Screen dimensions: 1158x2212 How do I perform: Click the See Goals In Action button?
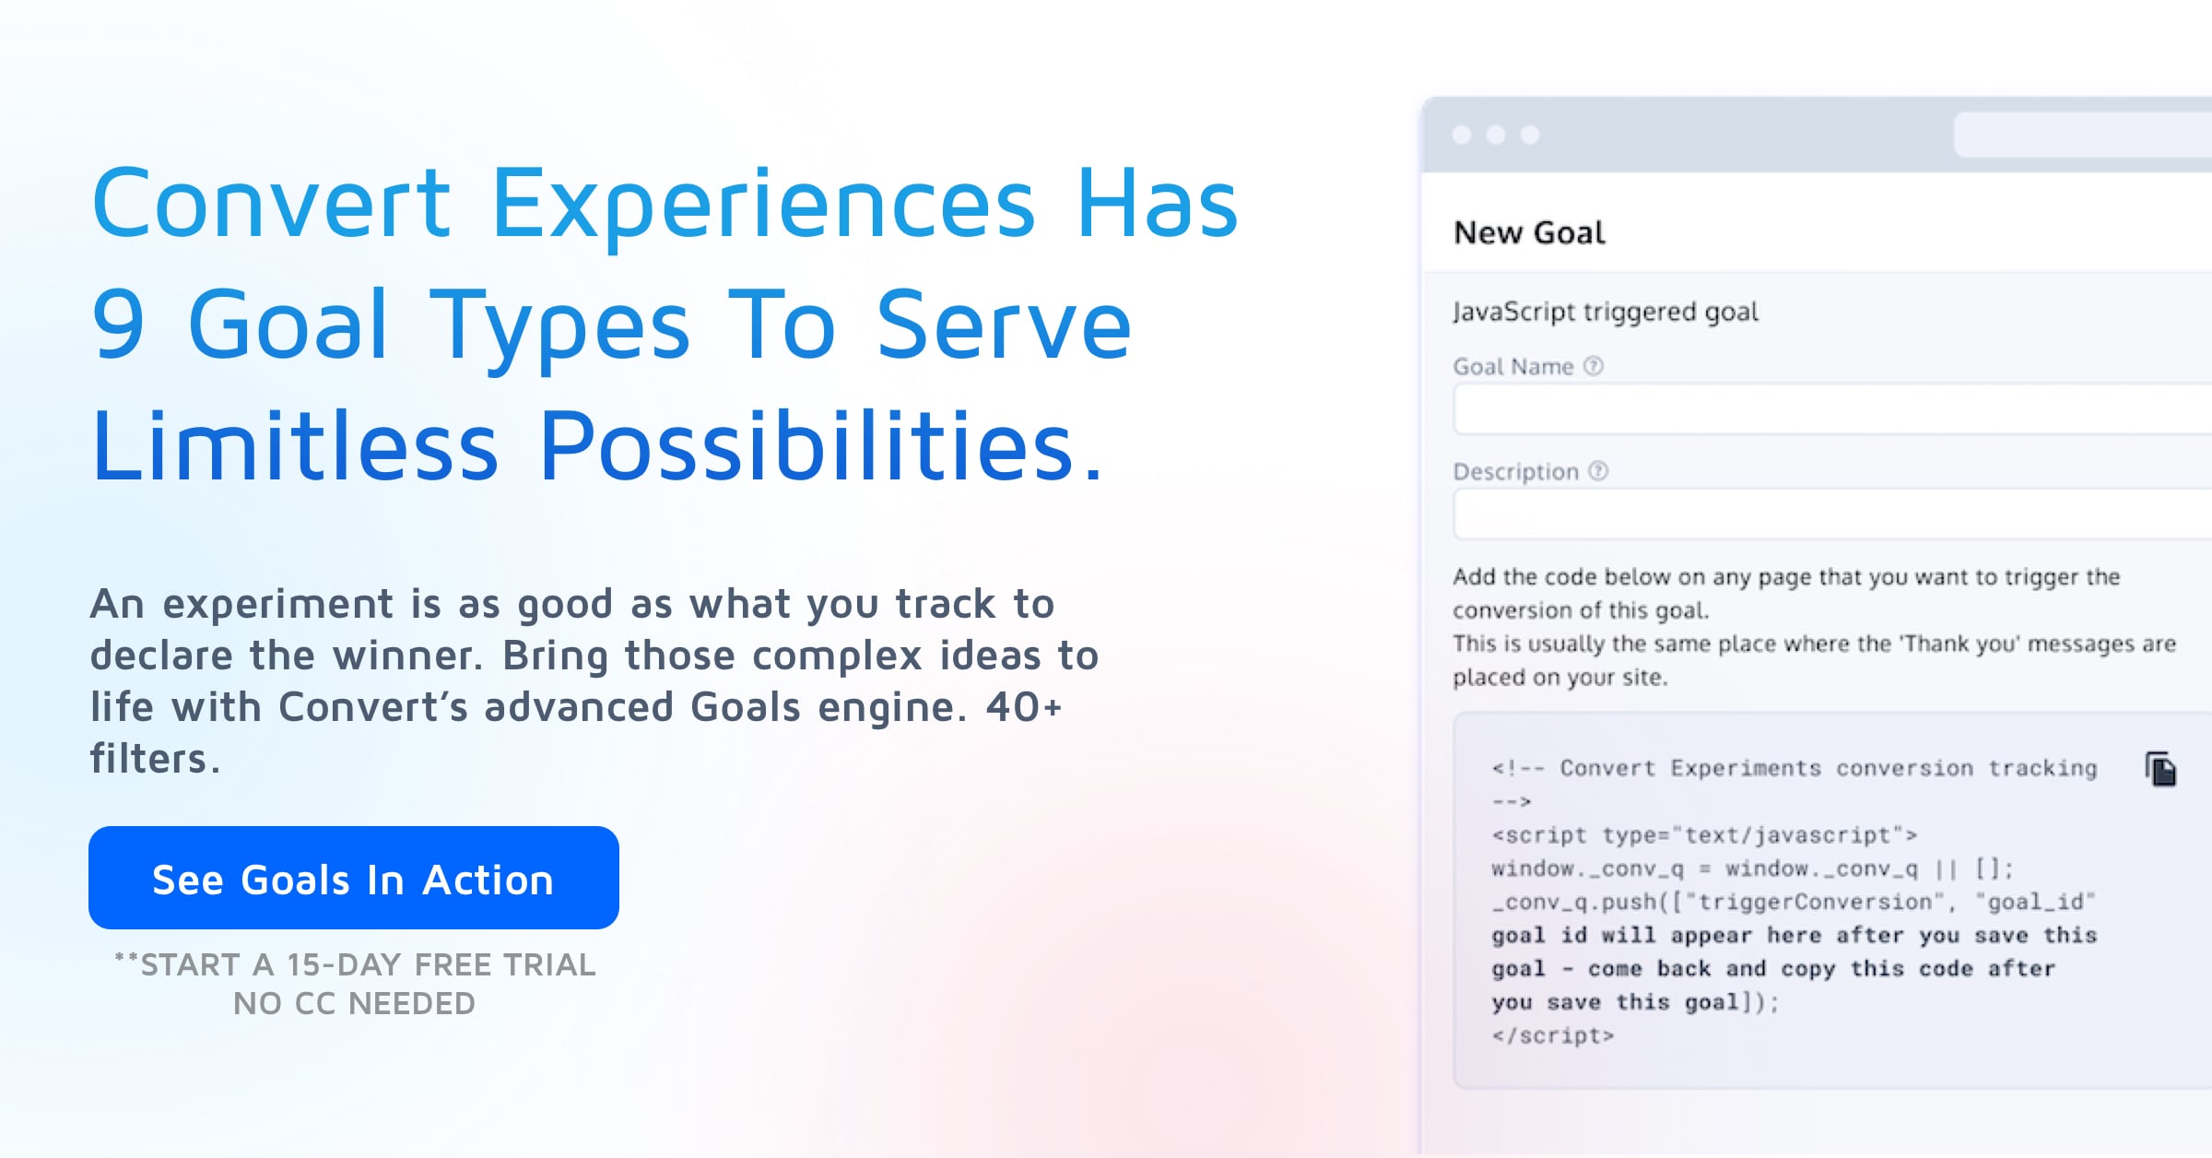tap(353, 878)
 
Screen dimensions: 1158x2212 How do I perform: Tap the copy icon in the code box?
tap(2160, 769)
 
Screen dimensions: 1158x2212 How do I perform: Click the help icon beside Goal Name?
tap(1594, 366)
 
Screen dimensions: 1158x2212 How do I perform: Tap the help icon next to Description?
tap(1598, 471)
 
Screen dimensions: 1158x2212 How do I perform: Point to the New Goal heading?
tap(1529, 232)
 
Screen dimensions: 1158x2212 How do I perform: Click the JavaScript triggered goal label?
tap(1605, 312)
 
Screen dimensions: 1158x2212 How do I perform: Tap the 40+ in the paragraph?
tap(1024, 707)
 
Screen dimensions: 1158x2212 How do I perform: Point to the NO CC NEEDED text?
tap(354, 1003)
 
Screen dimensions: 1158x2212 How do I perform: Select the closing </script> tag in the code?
tap(1553, 1035)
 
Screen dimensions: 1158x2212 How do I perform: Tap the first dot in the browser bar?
tap(1462, 135)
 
